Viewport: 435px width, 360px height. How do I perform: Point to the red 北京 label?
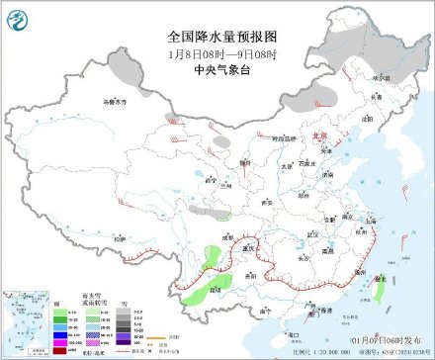coord(319,138)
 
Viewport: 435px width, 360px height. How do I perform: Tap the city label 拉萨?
coord(120,238)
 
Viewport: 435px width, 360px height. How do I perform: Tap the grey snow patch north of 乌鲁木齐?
coord(123,67)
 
